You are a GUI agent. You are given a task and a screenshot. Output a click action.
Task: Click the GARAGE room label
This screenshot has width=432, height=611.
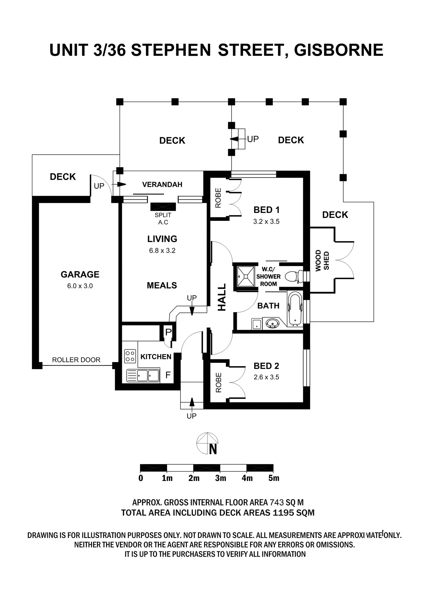[80, 274]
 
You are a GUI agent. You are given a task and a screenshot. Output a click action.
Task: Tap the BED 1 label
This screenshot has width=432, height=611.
[266, 210]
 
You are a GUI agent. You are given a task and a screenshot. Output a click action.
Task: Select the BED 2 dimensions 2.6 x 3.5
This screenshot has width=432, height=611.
[266, 377]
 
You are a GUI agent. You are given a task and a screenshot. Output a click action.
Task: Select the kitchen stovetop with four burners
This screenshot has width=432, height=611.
[130, 356]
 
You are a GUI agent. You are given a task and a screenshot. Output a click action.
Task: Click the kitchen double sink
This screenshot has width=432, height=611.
[143, 375]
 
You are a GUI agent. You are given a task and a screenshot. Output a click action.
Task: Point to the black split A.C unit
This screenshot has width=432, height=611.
[163, 207]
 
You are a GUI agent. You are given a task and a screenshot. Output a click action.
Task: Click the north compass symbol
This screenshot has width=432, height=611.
[207, 444]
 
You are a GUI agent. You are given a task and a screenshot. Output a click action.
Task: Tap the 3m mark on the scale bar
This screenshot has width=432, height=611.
[221, 478]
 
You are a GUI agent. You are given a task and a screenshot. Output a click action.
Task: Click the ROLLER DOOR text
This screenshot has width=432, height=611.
[76, 360]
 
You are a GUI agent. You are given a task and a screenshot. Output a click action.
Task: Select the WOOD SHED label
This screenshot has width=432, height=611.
[322, 260]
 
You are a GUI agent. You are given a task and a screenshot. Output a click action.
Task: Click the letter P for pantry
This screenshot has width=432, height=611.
[168, 332]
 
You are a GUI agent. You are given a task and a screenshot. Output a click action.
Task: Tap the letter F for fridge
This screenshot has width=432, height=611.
[168, 375]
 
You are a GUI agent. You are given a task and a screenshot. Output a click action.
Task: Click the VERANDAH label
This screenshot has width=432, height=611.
[162, 185]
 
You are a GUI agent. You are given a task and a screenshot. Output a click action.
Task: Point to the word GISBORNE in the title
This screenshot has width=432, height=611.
[338, 50]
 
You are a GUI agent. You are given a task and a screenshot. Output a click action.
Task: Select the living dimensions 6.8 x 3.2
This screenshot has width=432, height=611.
[162, 251]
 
